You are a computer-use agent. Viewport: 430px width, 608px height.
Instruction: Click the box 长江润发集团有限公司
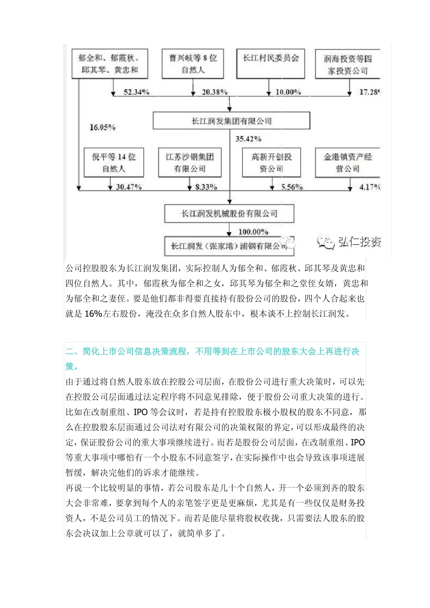click(231, 121)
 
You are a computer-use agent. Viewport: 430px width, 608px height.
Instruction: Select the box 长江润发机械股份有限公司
click(229, 214)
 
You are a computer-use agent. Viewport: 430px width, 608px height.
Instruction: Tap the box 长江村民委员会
click(271, 64)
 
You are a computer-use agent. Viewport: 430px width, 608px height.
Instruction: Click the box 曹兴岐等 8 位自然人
click(193, 64)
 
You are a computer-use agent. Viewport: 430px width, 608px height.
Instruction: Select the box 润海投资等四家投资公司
click(348, 65)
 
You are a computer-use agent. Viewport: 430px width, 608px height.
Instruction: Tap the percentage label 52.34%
click(136, 92)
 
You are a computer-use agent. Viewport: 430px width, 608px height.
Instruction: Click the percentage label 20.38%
click(214, 92)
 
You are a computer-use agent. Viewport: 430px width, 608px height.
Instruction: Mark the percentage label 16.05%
click(102, 128)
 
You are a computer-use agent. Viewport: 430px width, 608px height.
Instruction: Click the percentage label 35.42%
click(248, 139)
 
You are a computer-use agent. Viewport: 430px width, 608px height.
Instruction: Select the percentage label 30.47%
click(129, 187)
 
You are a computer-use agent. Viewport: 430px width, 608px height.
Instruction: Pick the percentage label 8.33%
click(206, 187)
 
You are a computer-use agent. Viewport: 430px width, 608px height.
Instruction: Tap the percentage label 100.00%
click(253, 232)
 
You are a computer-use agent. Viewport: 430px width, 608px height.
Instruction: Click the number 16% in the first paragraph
click(93, 314)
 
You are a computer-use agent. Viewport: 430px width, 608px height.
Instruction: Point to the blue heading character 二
click(70, 351)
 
